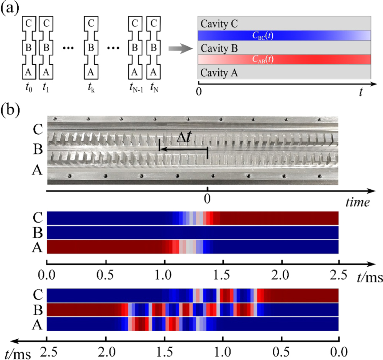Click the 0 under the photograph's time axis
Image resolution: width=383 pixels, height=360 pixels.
207,199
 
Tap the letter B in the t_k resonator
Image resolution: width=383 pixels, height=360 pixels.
90,47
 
